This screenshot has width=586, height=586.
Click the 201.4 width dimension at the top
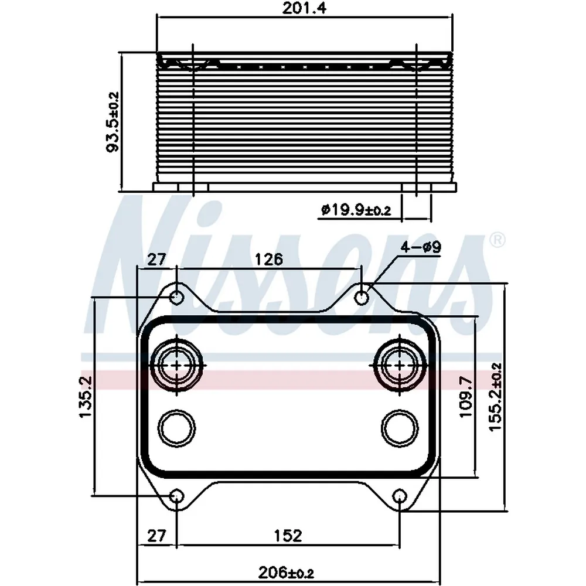pyautogui.click(x=304, y=8)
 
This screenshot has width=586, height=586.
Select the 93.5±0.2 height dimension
pyautogui.click(x=113, y=122)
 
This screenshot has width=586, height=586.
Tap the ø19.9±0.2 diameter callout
pyautogui.click(x=356, y=210)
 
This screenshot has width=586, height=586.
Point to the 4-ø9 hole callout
pyautogui.click(x=421, y=247)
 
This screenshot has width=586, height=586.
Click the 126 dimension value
pyautogui.click(x=269, y=259)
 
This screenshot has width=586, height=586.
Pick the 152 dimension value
pyautogui.click(x=288, y=536)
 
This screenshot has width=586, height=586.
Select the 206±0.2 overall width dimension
pyautogui.click(x=286, y=572)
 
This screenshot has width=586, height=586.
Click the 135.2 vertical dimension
pyautogui.click(x=86, y=397)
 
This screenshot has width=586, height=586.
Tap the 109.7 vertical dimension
pyautogui.click(x=466, y=397)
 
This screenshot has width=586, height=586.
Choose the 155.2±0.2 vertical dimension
pyautogui.click(x=496, y=397)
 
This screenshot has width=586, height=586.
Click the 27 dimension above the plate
pyautogui.click(x=156, y=259)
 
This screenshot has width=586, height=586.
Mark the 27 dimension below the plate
pyautogui.click(x=156, y=536)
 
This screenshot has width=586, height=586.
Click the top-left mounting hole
pyautogui.click(x=176, y=298)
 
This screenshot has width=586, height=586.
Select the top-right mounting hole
pyautogui.click(x=362, y=298)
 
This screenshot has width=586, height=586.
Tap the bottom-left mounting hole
pyautogui.click(x=176, y=497)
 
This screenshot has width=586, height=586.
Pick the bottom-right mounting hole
pyautogui.click(x=400, y=497)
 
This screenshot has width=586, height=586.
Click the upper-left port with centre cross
pyautogui.click(x=176, y=365)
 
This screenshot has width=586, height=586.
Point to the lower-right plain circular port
pyautogui.click(x=400, y=428)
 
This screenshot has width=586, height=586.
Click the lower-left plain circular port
pyautogui.click(x=176, y=428)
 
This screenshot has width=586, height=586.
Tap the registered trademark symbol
pyautogui.click(x=497, y=241)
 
